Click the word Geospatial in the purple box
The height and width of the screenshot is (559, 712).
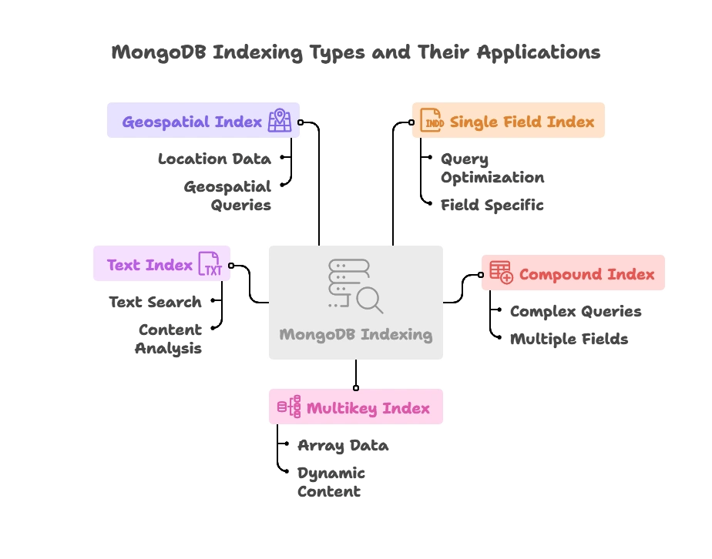point(165,122)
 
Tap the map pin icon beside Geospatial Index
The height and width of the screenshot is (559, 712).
point(279,121)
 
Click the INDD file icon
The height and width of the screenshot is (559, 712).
point(432,121)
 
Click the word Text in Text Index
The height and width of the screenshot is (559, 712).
point(123,265)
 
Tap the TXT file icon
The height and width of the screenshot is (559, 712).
point(210,264)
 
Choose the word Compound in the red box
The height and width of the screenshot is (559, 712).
point(560,274)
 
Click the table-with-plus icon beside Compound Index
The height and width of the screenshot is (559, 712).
point(501,273)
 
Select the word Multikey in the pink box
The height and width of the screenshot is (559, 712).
point(342,408)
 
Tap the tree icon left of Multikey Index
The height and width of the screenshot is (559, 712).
point(289,407)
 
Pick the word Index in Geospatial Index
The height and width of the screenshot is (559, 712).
point(239,122)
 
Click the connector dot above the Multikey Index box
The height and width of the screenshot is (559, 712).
point(355,387)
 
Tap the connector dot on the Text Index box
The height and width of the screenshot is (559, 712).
point(231,266)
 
